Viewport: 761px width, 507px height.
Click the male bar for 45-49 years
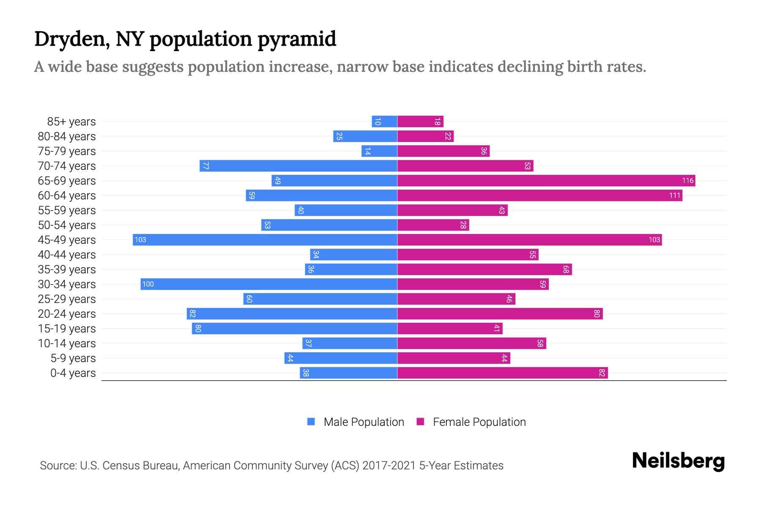265,240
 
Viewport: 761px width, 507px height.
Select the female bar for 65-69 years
546,181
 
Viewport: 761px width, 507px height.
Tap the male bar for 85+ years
384,122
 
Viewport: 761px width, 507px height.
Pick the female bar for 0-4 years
503,373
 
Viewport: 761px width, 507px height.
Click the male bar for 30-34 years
269,284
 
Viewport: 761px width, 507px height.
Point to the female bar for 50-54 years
433,225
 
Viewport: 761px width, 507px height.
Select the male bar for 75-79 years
379,151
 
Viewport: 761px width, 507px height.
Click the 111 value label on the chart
675,196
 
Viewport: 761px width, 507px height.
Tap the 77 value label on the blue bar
205,166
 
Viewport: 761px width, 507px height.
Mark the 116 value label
687,181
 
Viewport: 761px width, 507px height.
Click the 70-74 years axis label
67,166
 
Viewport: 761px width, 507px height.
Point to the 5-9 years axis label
73,358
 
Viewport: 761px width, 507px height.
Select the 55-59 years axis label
67,210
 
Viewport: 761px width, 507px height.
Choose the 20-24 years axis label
67,314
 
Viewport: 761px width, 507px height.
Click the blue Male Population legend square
311,422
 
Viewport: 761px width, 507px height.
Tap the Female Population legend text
479,422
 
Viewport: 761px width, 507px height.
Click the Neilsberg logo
678,461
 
